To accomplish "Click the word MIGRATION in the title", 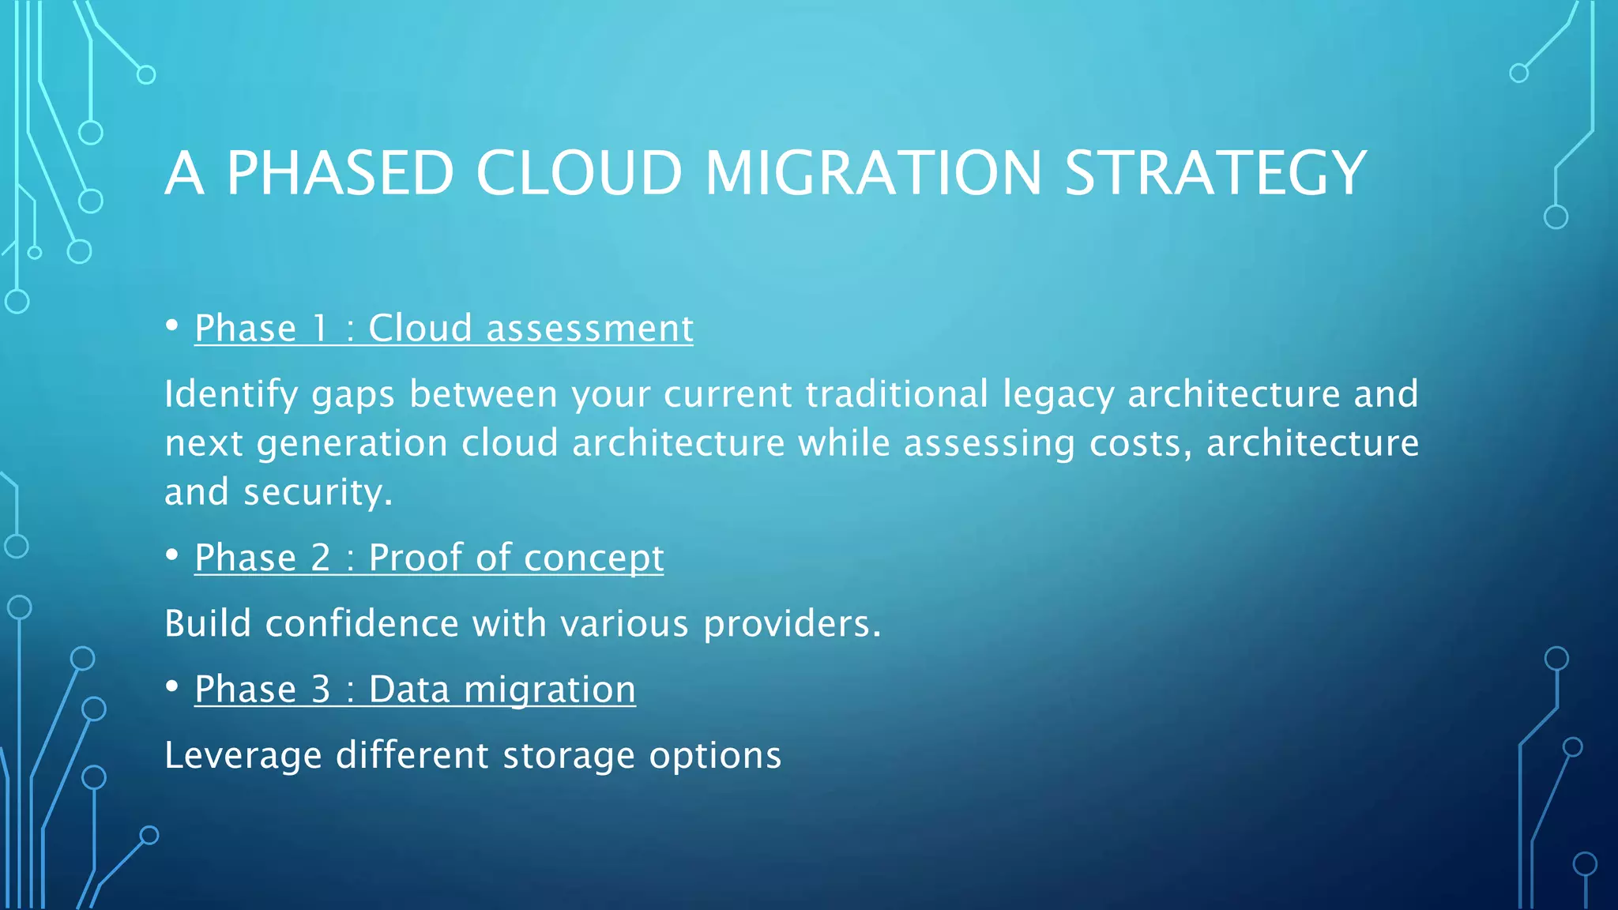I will pyautogui.click(x=874, y=173).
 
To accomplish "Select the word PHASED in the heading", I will pyautogui.click(x=341, y=173).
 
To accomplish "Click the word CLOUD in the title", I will pyautogui.click(x=578, y=173).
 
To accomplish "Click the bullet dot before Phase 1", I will pyautogui.click(x=172, y=325).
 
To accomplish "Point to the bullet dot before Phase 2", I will pyautogui.click(x=172, y=555).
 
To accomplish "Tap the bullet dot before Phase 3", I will pyautogui.click(x=172, y=686).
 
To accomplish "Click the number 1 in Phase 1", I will pyautogui.click(x=320, y=328).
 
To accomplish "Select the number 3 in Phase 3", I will pyautogui.click(x=321, y=689).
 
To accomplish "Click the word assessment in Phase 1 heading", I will pyautogui.click(x=589, y=328).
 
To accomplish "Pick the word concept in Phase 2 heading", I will pyautogui.click(x=593, y=559).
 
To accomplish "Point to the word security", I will pyautogui.click(x=318, y=493).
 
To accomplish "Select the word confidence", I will pyautogui.click(x=362, y=624).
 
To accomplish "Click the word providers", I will pyautogui.click(x=791, y=624).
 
